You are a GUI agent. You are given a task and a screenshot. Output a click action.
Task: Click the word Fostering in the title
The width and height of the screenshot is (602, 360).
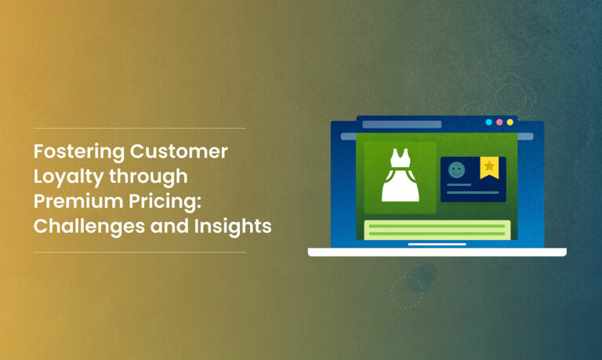[78, 151]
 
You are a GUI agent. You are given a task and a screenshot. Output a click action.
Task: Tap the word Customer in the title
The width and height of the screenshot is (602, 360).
[179, 151]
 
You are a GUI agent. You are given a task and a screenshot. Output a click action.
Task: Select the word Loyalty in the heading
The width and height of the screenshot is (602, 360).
[68, 177]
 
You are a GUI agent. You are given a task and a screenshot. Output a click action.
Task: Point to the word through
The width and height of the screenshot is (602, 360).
[148, 177]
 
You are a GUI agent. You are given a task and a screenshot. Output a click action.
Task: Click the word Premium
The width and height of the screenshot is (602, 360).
[78, 201]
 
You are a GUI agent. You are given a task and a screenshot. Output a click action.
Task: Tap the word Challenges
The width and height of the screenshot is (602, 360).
[89, 227]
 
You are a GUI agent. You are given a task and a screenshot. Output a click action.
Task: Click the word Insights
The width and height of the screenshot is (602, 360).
[233, 226]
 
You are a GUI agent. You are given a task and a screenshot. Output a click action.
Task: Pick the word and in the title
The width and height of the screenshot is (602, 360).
[169, 226]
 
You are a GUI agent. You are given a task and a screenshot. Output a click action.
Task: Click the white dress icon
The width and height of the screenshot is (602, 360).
[400, 175]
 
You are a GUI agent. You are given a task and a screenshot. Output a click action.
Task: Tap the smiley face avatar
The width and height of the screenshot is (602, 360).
[456, 170]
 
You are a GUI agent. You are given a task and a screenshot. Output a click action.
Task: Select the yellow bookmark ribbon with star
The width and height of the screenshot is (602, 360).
[489, 168]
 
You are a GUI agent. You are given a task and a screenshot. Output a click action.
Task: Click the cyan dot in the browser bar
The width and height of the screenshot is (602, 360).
[489, 122]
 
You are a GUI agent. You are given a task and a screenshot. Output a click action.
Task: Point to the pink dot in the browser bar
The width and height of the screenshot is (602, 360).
[499, 122]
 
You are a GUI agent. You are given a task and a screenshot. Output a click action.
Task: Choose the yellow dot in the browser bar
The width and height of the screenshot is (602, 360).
[510, 122]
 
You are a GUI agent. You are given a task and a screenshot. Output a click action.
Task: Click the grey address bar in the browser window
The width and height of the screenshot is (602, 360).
[402, 124]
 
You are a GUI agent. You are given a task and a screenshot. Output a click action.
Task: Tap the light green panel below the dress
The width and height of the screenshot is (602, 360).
[437, 230]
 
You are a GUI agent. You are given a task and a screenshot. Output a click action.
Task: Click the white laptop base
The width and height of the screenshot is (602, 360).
[437, 252]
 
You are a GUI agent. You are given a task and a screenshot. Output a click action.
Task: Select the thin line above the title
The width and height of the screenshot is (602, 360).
[140, 128]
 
